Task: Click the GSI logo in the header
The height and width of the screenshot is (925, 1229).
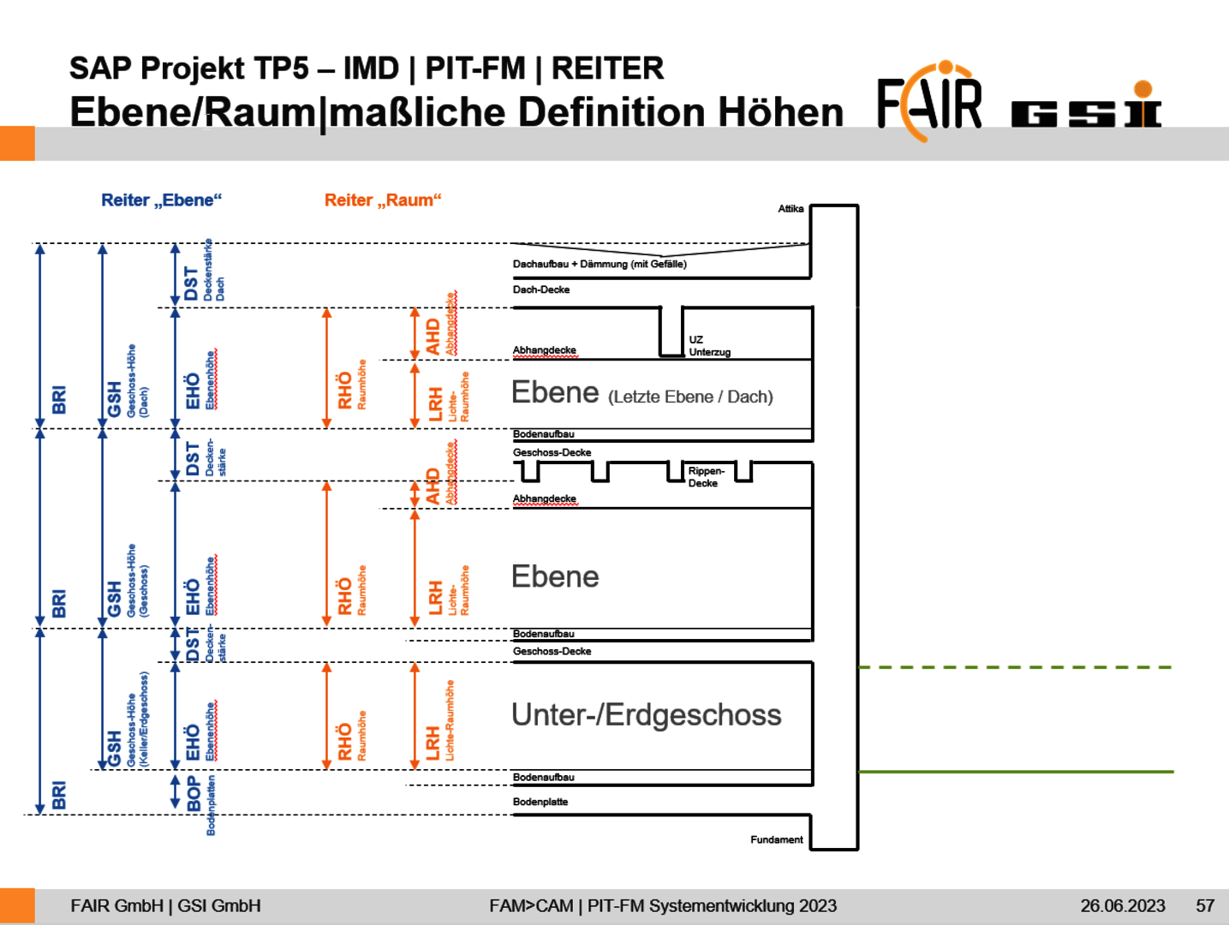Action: [1086, 107]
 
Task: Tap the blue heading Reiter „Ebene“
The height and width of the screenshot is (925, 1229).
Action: [161, 200]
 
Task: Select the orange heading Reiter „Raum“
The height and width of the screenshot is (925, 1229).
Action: [383, 200]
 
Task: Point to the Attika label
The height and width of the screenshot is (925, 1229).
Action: [790, 209]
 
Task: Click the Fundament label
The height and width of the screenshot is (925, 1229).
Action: [777, 840]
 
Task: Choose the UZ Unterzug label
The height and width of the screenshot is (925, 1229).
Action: [709, 346]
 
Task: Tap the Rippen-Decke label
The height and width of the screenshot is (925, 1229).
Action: [706, 477]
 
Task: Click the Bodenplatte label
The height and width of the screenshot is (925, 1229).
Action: [540, 803]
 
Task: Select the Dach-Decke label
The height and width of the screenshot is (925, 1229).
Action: [541, 290]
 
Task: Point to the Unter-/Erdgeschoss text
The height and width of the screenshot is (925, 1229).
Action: [646, 715]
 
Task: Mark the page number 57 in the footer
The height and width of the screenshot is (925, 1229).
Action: [1205, 906]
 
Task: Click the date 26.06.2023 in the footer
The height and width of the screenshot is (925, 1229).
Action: [1122, 906]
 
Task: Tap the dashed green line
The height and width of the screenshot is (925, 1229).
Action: [1015, 667]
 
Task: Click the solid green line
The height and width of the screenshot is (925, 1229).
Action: [1015, 772]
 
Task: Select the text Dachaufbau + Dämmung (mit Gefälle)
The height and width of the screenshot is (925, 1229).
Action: [600, 265]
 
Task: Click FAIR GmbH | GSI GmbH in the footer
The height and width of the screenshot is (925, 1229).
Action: [165, 906]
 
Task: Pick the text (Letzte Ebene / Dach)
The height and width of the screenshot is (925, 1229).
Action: [690, 397]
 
